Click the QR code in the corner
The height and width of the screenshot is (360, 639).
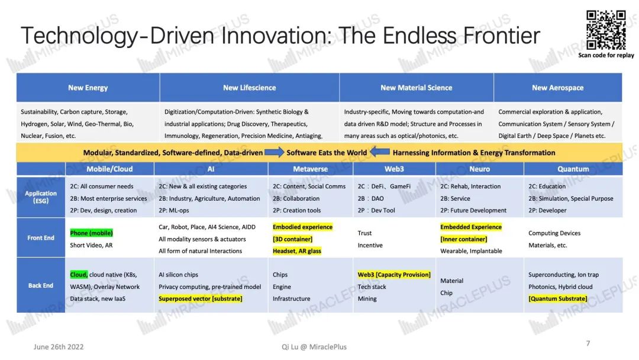[x=606, y=30]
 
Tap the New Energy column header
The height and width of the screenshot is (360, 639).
[x=88, y=88]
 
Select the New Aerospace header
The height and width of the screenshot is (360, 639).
[x=558, y=88]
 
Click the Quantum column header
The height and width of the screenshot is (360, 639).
[x=573, y=169]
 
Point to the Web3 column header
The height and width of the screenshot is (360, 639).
[x=394, y=169]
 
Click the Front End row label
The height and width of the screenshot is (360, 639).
[x=41, y=237]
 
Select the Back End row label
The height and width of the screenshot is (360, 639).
[x=41, y=285]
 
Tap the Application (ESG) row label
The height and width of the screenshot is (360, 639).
[x=41, y=197]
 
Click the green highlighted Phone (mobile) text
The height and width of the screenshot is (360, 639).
[x=91, y=233]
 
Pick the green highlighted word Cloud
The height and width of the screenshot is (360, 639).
[x=79, y=274]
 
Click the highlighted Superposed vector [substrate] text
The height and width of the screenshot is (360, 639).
[x=201, y=298]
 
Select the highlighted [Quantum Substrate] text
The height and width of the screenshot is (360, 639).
[x=558, y=298]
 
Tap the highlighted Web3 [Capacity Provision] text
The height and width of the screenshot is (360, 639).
[x=394, y=274]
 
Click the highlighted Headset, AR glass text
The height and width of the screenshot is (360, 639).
[x=297, y=250]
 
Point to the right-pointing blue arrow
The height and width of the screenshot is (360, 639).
[x=275, y=153]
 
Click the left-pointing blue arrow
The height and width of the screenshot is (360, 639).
[x=380, y=152]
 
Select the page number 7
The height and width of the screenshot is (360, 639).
[x=588, y=343]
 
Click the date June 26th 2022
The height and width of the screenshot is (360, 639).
[x=59, y=347]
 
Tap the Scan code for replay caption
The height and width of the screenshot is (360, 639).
[x=606, y=55]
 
